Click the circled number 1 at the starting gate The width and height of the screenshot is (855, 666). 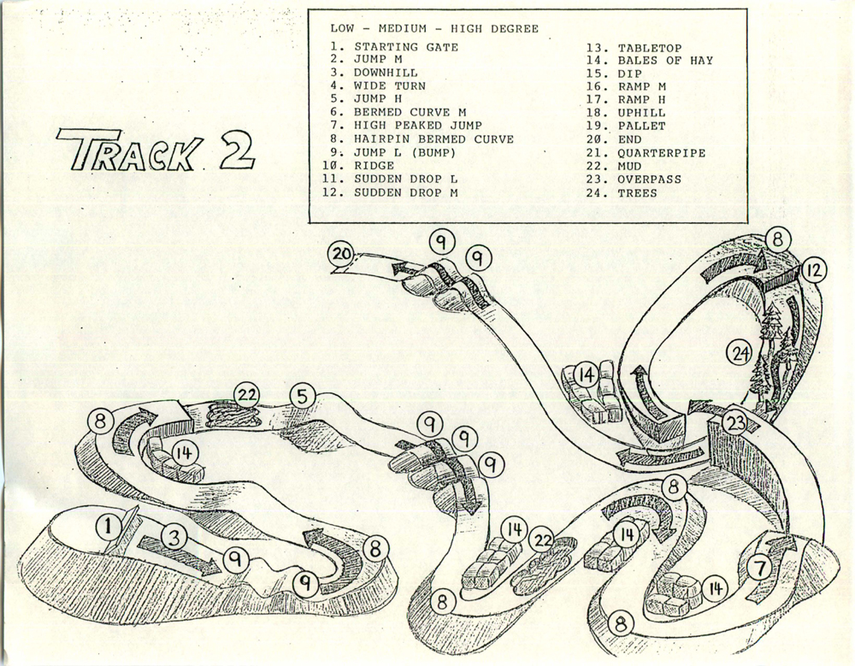(109, 527)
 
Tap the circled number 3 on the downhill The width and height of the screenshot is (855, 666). (174, 538)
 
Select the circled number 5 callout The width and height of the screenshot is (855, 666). (303, 397)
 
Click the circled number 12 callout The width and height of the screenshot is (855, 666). (812, 271)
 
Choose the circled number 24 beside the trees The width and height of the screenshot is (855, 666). (740, 355)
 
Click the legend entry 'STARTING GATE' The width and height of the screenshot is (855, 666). (406, 47)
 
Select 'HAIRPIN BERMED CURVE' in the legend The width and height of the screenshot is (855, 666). (433, 139)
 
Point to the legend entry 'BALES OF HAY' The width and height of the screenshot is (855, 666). (665, 61)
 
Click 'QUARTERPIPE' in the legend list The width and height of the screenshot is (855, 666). (662, 153)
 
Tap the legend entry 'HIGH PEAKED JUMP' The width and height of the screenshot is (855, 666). (418, 126)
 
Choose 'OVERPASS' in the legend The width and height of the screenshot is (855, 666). (649, 180)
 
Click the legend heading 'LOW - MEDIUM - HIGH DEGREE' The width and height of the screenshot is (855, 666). (434, 28)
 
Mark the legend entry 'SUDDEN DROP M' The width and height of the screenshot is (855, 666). (405, 192)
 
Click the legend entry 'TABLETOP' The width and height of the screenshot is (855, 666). (650, 48)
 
